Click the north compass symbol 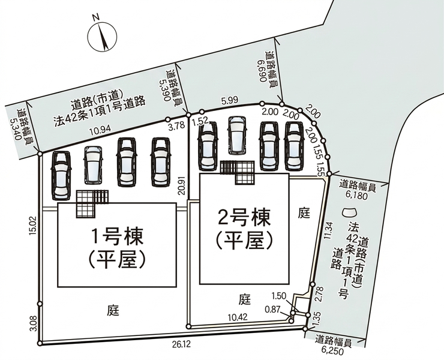click(102, 36)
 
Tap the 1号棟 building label click(117, 236)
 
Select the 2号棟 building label click(244, 218)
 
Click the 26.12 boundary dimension click(181, 344)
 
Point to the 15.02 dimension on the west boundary click(34, 226)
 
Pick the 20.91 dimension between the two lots click(182, 184)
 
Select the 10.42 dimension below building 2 click(238, 317)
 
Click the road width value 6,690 click(263, 70)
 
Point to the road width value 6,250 click(332, 352)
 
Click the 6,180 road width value click(356, 196)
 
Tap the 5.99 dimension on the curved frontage click(230, 100)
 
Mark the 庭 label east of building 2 click(304, 213)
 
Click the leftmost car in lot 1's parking click(61, 176)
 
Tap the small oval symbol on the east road click(349, 212)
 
